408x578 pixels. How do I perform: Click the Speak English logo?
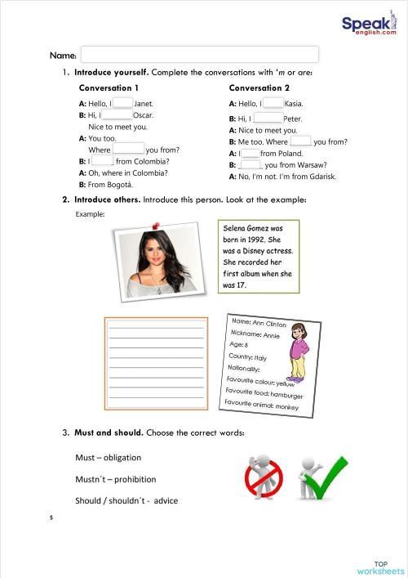[367, 26]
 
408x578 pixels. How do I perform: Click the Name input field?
[199, 55]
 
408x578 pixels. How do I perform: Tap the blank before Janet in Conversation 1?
[122, 103]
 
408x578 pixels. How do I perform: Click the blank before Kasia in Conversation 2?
[273, 103]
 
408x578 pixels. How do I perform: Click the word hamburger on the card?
[287, 395]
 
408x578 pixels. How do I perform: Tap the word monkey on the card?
[286, 405]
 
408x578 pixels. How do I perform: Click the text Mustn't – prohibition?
[115, 479]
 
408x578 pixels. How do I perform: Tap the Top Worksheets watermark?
[380, 567]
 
